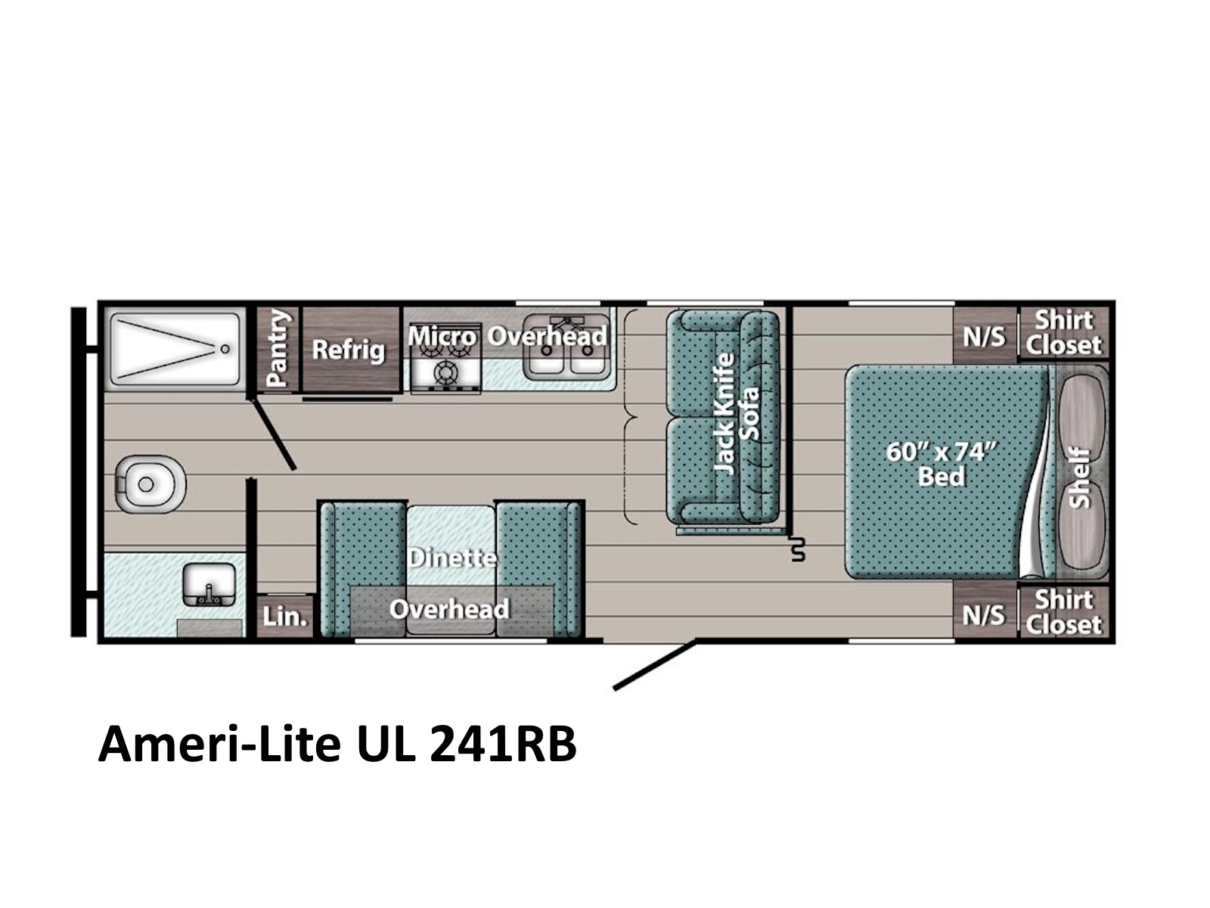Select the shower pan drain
point(224,349)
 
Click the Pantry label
point(278,348)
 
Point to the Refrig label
point(349,350)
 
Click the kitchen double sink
point(566,354)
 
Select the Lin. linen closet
point(284,617)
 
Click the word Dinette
point(451,558)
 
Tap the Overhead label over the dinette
point(449,609)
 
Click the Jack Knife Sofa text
point(736,414)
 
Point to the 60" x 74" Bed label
point(940,463)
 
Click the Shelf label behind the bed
point(1080,477)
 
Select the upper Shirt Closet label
point(1063,333)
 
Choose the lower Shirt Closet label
point(1063,612)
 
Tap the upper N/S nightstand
point(983,335)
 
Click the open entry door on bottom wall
point(653,666)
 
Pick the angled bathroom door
point(274,436)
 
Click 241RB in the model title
point(503,745)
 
